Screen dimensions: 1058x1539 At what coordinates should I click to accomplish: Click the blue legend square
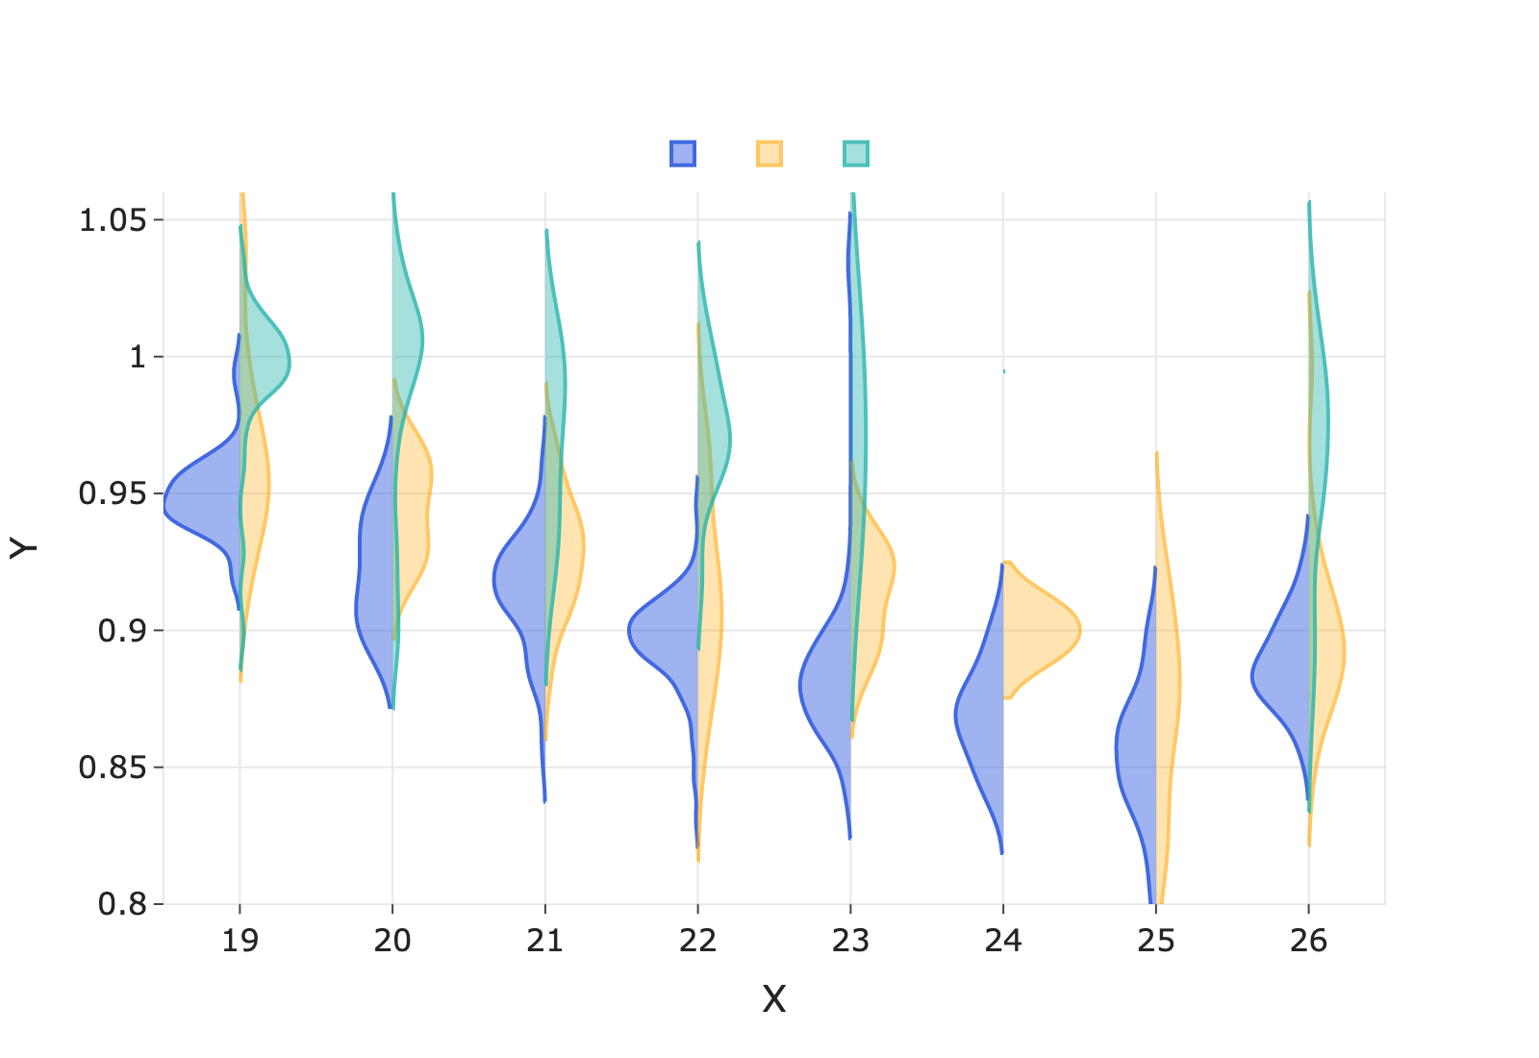[x=683, y=154]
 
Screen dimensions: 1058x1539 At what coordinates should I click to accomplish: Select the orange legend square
[x=769, y=154]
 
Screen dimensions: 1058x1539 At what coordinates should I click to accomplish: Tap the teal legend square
[x=856, y=154]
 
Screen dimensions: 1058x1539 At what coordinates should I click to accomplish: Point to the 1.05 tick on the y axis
[x=113, y=220]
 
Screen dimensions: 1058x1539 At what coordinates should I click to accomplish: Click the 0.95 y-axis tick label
[x=113, y=494]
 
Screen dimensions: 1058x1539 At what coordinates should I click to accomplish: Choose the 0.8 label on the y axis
[x=123, y=905]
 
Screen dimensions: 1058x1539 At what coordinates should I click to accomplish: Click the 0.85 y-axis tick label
[x=113, y=768]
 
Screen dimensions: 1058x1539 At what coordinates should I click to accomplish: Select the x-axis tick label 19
[x=240, y=941]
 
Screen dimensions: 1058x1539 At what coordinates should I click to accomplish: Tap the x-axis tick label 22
[x=697, y=941]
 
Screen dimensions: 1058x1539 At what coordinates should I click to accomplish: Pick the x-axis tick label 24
[x=1003, y=941]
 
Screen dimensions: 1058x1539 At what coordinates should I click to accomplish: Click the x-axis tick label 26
[x=1308, y=941]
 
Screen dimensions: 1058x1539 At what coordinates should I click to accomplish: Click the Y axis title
[x=24, y=548]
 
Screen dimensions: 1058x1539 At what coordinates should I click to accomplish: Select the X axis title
[x=774, y=1000]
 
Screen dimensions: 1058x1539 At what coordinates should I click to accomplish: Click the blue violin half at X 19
[x=202, y=504]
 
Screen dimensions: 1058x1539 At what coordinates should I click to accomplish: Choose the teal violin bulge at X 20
[x=408, y=337]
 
